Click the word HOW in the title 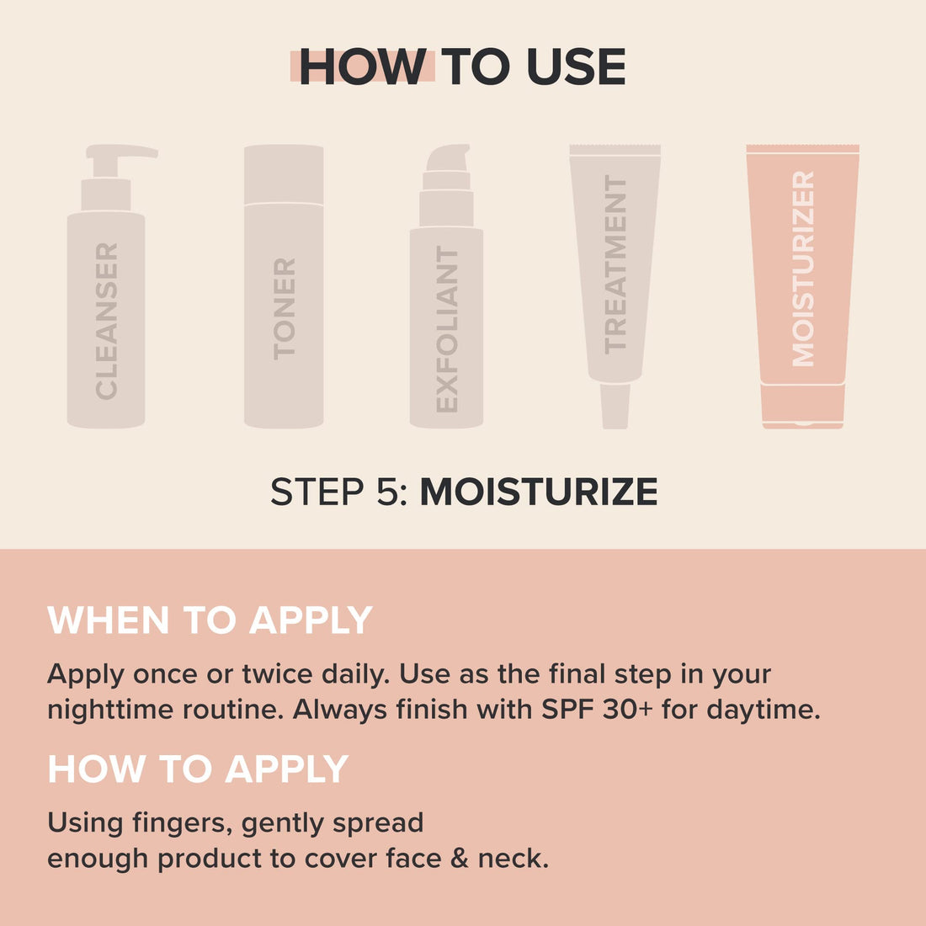click(x=362, y=67)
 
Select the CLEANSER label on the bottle click(x=107, y=321)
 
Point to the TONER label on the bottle click(x=285, y=309)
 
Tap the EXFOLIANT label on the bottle click(x=447, y=329)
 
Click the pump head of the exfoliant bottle click(x=447, y=160)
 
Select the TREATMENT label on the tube click(x=615, y=264)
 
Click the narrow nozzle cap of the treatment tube click(x=615, y=406)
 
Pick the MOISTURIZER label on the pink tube click(x=803, y=269)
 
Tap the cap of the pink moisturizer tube click(x=803, y=407)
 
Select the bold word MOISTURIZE click(x=539, y=492)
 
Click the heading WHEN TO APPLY click(x=210, y=620)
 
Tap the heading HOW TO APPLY click(x=198, y=769)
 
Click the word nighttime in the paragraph click(x=110, y=709)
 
